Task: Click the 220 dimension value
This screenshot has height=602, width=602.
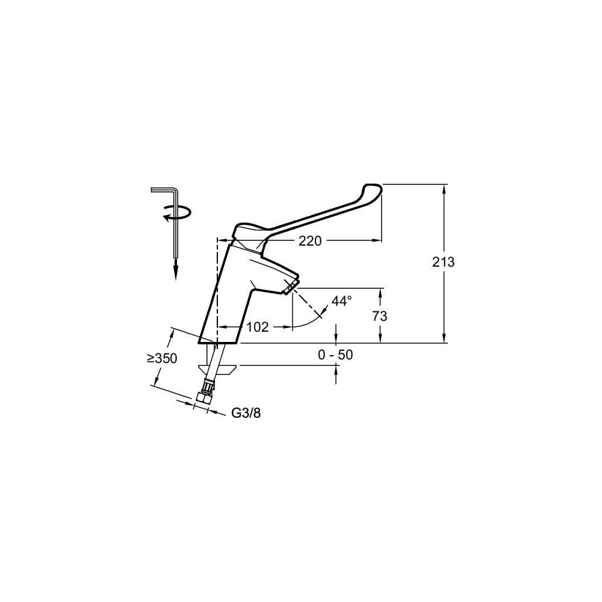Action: tap(310, 241)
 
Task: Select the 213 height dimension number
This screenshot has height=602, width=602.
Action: tap(443, 262)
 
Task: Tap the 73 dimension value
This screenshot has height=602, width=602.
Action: tap(380, 316)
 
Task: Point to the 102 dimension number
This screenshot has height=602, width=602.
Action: tap(257, 327)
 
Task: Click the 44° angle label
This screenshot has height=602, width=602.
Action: tap(342, 301)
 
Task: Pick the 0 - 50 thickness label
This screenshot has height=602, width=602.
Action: tap(335, 355)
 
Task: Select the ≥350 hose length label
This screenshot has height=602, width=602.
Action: tap(161, 358)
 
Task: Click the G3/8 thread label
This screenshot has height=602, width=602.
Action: tap(246, 413)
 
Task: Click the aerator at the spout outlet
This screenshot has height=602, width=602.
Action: tap(290, 287)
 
